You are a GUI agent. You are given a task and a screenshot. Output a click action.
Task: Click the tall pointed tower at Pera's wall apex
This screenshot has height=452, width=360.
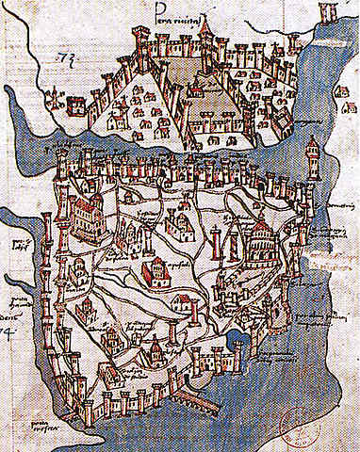pos(205,36)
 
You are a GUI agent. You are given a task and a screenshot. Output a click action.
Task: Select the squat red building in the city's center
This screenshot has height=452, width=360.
pos(154,273)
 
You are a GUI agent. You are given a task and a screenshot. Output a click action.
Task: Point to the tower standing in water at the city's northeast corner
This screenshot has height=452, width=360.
pos(311,151)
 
